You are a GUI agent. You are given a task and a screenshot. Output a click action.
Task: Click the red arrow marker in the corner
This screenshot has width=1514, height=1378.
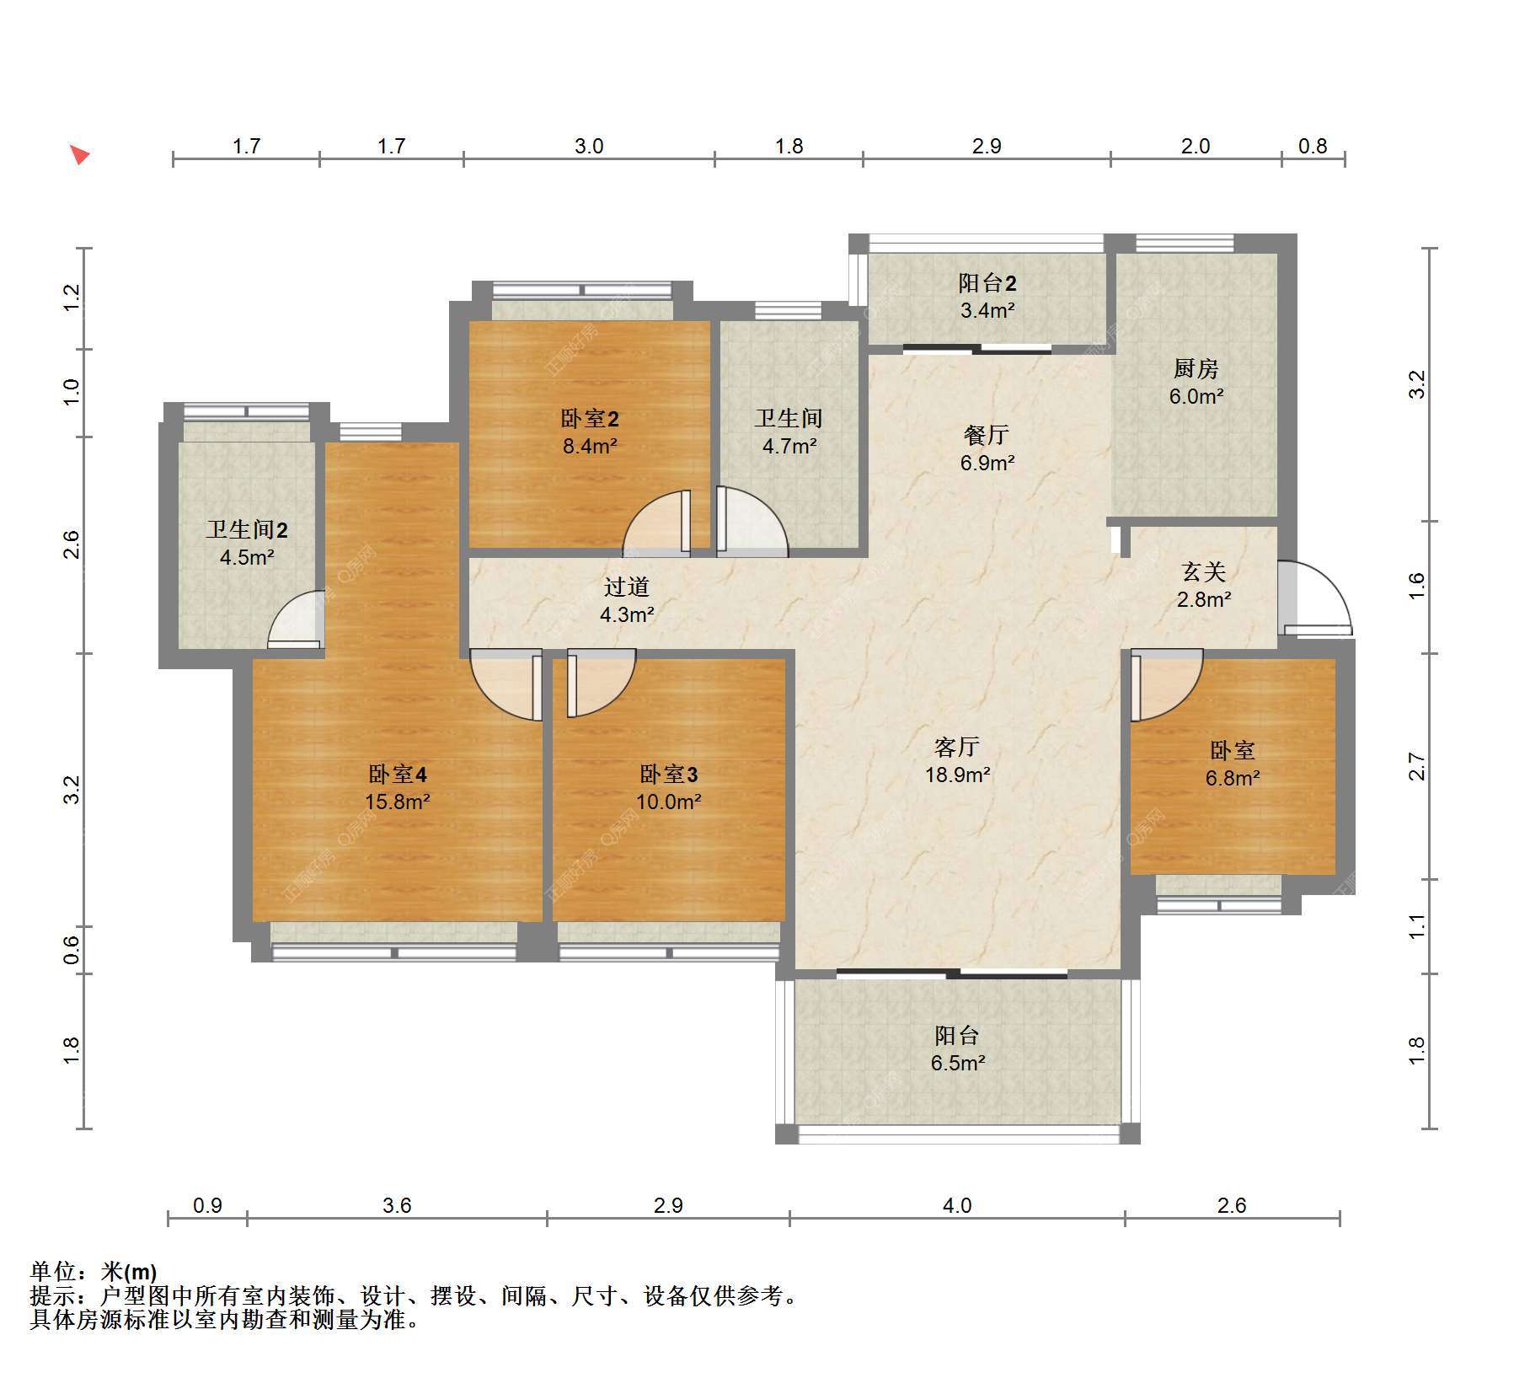coord(79,155)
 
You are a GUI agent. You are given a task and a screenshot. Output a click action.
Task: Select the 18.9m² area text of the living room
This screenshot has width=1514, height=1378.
coord(957,775)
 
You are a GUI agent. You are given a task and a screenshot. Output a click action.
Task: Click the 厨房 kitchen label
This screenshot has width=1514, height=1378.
coord(1196,368)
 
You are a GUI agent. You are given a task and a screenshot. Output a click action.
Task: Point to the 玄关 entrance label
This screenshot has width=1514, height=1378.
coord(1203,572)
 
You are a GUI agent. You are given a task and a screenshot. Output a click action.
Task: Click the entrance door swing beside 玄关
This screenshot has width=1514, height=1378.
coord(1313,598)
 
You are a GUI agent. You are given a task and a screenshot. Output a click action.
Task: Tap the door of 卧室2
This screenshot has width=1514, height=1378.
coord(657,523)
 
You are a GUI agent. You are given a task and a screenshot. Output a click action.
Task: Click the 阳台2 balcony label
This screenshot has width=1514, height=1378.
coord(987,283)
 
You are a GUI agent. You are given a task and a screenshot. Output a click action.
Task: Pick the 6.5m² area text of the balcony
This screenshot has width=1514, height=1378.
coord(957,1063)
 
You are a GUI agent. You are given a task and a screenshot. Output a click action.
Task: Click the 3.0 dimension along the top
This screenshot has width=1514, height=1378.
coord(589,146)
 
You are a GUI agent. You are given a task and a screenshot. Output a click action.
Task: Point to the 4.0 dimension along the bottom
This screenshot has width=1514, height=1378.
coord(957,1205)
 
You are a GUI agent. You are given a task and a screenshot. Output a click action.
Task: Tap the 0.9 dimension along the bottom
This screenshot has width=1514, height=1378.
coord(207,1205)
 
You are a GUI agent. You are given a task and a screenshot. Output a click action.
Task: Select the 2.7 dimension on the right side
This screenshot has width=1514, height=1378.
coord(1417,766)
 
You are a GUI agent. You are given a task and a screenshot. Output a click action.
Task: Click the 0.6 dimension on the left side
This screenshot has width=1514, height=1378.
coord(72,950)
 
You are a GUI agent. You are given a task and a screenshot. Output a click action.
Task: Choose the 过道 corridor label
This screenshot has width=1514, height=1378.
coord(627,587)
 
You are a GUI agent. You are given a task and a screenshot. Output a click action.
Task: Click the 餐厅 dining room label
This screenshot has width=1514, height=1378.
coord(987,435)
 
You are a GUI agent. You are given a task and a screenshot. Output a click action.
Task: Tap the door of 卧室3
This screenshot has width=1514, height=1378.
coord(601,683)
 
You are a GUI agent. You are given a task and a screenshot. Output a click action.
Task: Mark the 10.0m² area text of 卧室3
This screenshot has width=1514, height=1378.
coord(669,802)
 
